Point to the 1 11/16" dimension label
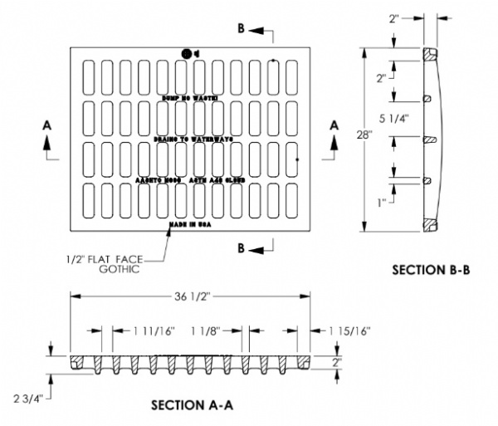[154, 331]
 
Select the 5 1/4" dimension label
[393, 118]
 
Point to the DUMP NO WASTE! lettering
[190, 98]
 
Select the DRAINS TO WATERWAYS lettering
[192, 139]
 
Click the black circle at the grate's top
[187, 55]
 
